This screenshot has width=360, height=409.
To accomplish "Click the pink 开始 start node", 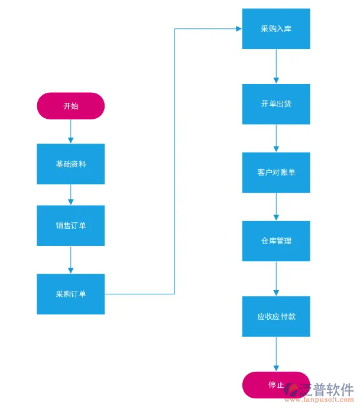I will coord(70,106).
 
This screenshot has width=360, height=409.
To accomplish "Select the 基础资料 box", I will coord(70,164).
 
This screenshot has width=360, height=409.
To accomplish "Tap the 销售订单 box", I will coord(70,225).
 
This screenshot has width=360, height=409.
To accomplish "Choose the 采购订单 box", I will coord(70,294).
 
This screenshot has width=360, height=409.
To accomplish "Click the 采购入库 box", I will coord(275,28).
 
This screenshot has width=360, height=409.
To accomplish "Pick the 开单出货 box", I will coord(275,103).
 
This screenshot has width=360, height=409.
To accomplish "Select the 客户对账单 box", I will coord(275,172).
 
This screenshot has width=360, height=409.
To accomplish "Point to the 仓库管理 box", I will coord(275,241).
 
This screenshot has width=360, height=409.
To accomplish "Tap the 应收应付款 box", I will coord(275,316).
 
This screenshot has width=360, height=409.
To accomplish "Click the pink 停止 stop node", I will coord(275,385).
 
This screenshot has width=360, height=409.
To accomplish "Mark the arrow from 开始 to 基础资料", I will coord(70,131).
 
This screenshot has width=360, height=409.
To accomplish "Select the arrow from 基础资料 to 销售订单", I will coord(70,194).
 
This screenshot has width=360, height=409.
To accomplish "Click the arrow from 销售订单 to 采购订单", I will coord(70,259).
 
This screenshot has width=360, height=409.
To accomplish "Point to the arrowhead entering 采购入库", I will coord(238,28).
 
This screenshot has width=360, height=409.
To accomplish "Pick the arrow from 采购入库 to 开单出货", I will coord(275,66).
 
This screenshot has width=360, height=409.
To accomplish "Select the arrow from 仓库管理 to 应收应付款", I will coord(275,278).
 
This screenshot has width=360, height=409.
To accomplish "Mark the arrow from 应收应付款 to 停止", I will coord(275,354).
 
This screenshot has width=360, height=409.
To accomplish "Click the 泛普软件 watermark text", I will coord(326,389).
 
